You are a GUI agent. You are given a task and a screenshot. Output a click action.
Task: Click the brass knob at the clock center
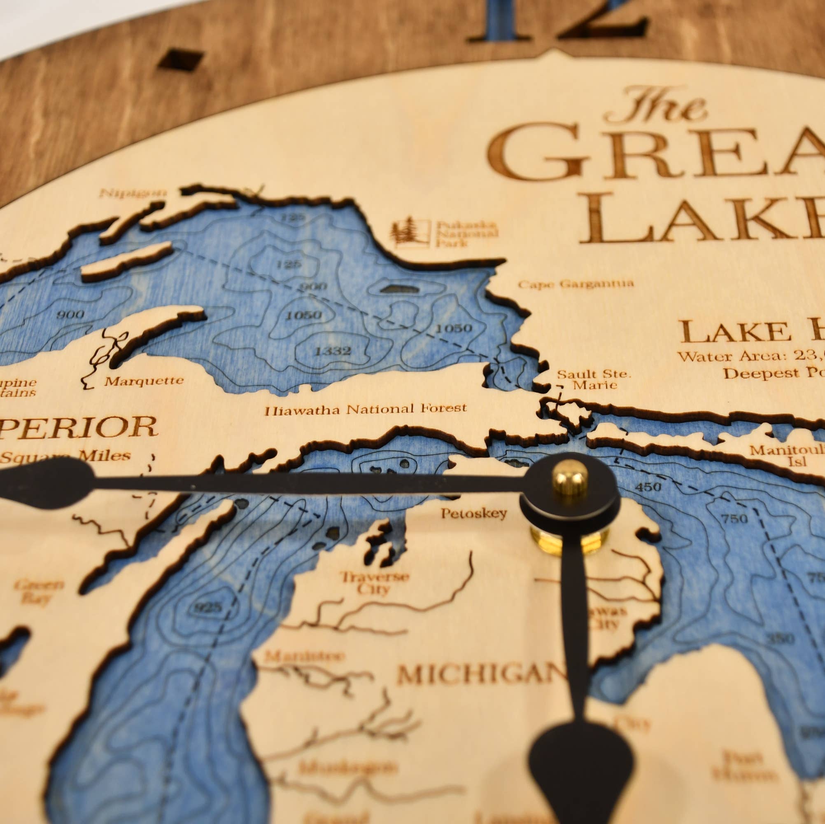570,478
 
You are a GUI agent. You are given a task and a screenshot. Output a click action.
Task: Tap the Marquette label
144,380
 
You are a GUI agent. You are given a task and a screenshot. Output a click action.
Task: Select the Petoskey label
473,513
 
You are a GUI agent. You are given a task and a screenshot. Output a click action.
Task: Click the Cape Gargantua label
576,283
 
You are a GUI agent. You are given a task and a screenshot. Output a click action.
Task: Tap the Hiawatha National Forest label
366,410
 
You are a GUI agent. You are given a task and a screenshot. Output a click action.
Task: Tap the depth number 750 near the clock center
734,519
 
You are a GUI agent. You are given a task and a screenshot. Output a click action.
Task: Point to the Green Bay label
39,591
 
